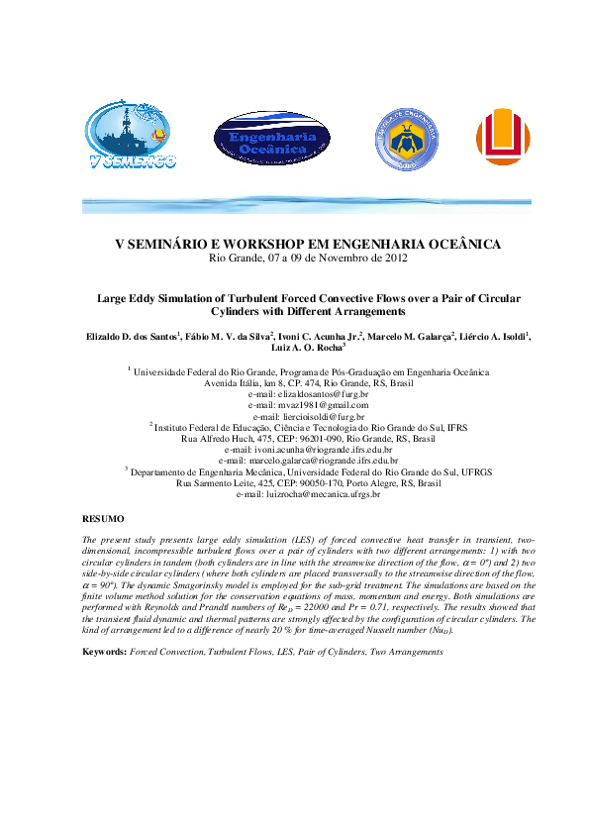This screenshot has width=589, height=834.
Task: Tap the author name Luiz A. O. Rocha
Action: pos(305,349)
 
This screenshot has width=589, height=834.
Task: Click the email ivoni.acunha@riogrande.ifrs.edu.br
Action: pos(308,449)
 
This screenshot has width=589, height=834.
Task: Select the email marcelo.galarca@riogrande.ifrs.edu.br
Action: pos(308,460)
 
